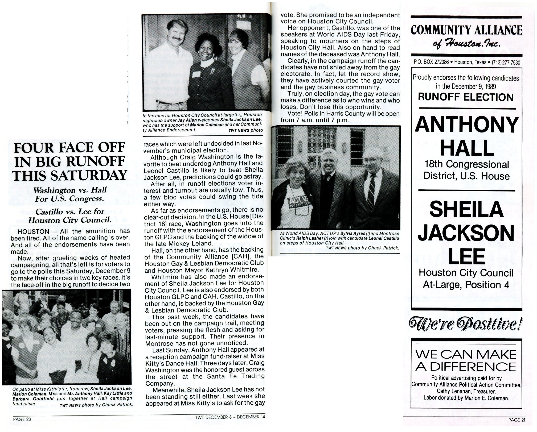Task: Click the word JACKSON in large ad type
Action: click(x=466, y=233)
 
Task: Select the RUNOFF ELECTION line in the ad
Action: click(x=466, y=97)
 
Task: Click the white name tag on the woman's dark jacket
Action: click(x=196, y=74)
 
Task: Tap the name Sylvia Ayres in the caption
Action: click(x=347, y=234)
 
